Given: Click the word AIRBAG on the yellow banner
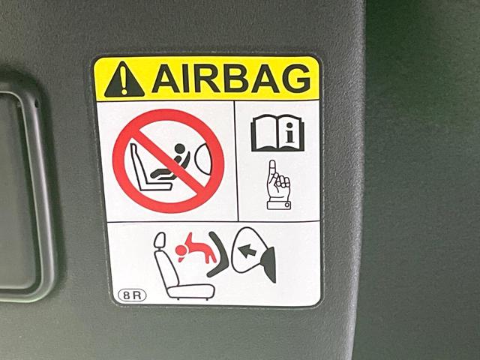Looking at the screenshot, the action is click(x=231, y=78).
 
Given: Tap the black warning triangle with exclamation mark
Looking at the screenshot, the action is click(x=124, y=79).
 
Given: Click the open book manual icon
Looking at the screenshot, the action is click(x=277, y=133).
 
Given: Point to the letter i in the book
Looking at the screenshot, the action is click(x=290, y=135).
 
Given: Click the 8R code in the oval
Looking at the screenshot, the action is click(x=132, y=295).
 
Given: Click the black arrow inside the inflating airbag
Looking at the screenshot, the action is click(x=247, y=250).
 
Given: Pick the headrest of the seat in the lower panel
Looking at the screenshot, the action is click(x=159, y=240).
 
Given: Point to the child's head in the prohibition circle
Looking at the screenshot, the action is click(x=180, y=148).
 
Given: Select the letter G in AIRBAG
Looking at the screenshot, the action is click(x=296, y=78).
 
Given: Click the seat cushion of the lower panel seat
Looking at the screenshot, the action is click(x=191, y=291).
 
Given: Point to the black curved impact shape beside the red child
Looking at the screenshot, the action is click(x=220, y=254).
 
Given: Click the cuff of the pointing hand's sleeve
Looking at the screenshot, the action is click(x=279, y=205).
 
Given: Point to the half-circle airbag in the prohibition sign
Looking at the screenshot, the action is click(x=202, y=159).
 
